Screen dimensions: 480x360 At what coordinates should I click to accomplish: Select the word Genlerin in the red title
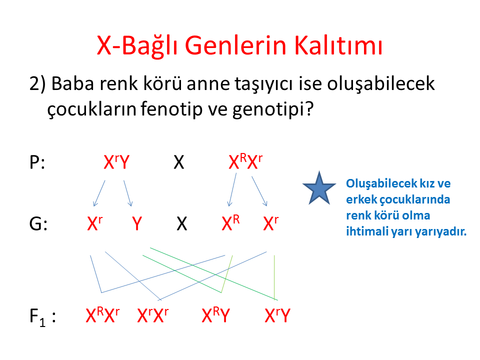(x=235, y=45)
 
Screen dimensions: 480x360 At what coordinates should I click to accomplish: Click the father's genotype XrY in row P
(x=116, y=161)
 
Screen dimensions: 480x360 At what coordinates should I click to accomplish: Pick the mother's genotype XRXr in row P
(x=245, y=161)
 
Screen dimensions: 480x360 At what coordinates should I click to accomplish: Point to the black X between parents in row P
(x=179, y=162)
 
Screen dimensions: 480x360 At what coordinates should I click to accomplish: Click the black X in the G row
(x=182, y=223)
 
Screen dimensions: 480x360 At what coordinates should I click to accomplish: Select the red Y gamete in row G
(x=137, y=223)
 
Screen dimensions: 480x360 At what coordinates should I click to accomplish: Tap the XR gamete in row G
(x=230, y=223)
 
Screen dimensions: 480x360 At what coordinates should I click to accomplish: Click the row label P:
(x=37, y=162)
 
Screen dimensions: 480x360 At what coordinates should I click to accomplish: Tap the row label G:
(x=38, y=223)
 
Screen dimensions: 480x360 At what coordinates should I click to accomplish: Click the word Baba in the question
(x=72, y=83)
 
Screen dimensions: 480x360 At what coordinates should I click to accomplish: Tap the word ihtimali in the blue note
(x=363, y=231)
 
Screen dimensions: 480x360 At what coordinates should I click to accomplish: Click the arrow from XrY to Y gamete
(x=127, y=193)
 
